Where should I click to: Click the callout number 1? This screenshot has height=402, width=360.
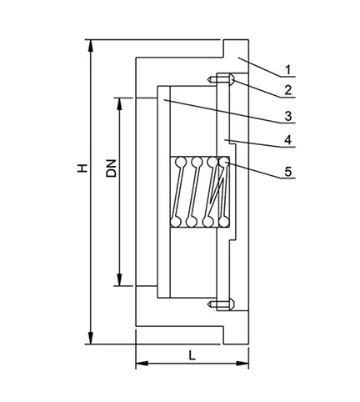tap(288, 69)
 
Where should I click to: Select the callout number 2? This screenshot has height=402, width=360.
tap(288, 90)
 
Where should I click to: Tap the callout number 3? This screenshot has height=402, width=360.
tap(288, 116)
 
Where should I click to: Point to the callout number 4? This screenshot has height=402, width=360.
tap(288, 140)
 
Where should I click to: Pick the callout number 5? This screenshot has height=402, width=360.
tap(288, 172)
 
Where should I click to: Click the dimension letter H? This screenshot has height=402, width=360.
tap(82, 168)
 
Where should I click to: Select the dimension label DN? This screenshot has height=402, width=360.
tap(112, 168)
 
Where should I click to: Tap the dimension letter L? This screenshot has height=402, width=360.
tap(192, 355)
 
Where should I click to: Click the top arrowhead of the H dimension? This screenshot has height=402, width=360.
tap(90, 46)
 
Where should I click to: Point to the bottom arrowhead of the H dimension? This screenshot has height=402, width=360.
tap(90, 338)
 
